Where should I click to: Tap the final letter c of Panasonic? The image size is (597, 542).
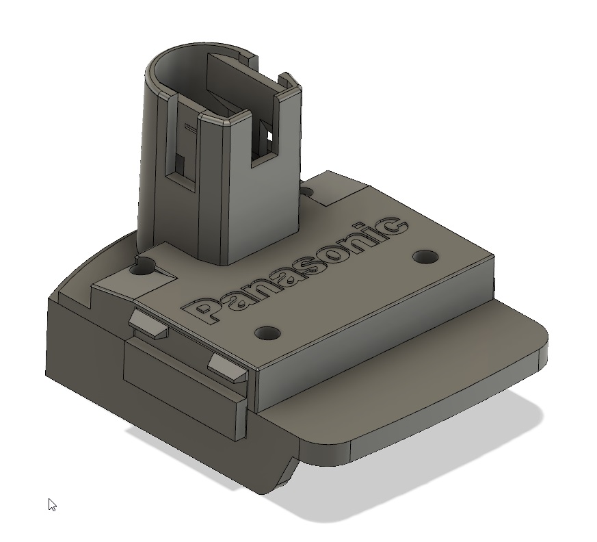click(x=393, y=227)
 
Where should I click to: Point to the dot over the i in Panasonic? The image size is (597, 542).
click(x=368, y=226)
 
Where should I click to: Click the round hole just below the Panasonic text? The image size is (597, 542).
click(x=267, y=333)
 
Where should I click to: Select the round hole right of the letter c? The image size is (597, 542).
click(x=426, y=257)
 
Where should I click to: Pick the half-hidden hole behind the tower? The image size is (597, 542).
click(x=309, y=194)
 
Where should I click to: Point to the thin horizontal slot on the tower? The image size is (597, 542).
click(x=191, y=127)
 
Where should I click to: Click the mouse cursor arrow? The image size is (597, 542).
click(x=52, y=504)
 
